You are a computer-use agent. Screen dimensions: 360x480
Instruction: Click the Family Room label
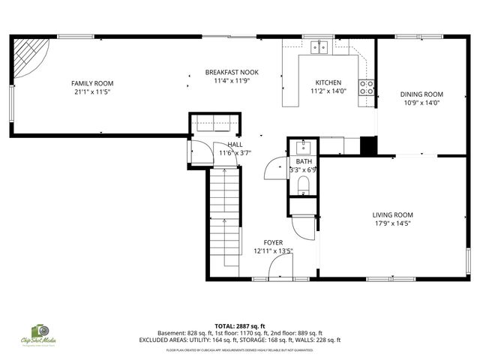coord(91,83)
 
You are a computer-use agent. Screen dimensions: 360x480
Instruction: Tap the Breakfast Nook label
coord(232,72)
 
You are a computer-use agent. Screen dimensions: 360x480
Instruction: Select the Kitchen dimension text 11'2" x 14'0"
coord(328,91)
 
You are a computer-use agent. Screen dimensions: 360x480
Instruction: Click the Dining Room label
coord(421,94)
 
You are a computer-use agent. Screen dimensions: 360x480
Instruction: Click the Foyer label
coord(273,242)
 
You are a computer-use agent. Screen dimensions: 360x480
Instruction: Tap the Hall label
coord(235,144)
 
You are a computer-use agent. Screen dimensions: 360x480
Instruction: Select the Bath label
coord(303,161)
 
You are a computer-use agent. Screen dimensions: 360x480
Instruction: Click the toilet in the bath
coord(303,184)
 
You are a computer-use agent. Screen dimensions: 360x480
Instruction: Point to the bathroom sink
coord(304,145)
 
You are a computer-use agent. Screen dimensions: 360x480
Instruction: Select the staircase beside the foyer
coord(225,217)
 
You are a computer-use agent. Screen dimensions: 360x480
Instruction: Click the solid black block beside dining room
coord(367,145)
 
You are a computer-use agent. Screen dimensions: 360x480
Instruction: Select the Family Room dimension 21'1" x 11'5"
coord(91,92)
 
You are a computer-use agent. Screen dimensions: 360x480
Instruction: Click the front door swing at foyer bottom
coord(283,266)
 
